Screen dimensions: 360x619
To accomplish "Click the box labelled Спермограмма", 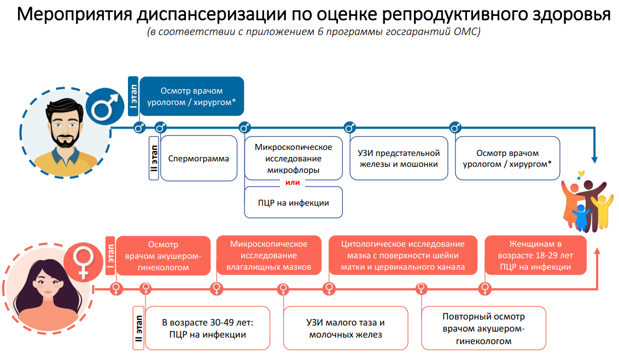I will [198, 159].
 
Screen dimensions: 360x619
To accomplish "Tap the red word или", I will [293, 182].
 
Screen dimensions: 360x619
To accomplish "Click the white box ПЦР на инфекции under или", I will [294, 203].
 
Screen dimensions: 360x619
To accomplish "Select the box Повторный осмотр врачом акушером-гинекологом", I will [483, 328].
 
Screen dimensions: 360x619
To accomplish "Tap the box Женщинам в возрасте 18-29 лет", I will [535, 255].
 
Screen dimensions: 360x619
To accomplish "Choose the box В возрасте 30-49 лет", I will [207, 328].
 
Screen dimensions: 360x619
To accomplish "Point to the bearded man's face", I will [64, 127].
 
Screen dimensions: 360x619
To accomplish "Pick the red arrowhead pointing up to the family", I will [595, 251].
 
